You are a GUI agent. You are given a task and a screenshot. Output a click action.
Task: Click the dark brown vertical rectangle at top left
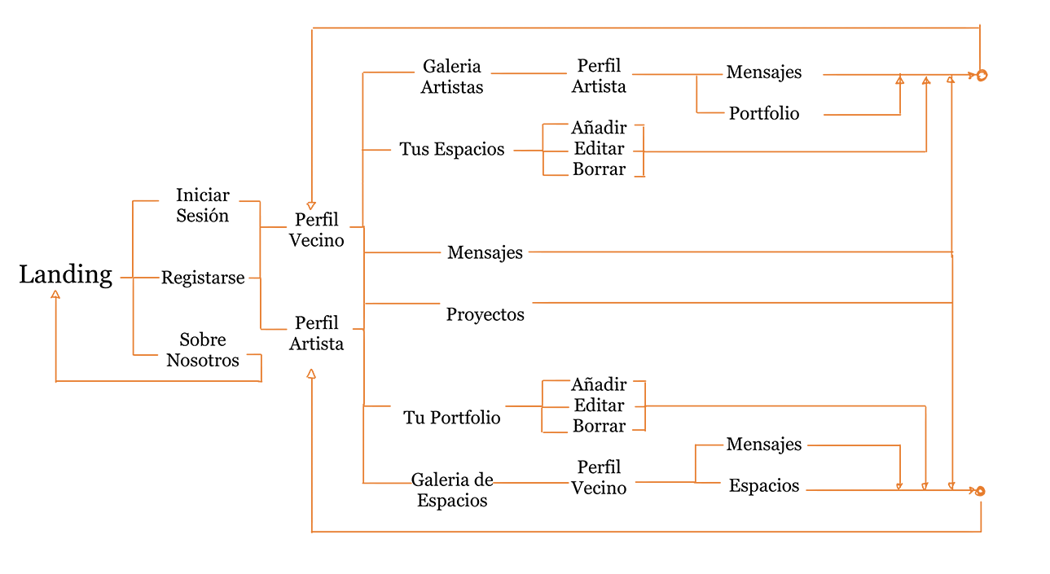107,112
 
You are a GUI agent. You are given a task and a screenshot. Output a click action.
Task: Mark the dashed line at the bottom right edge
937,486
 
